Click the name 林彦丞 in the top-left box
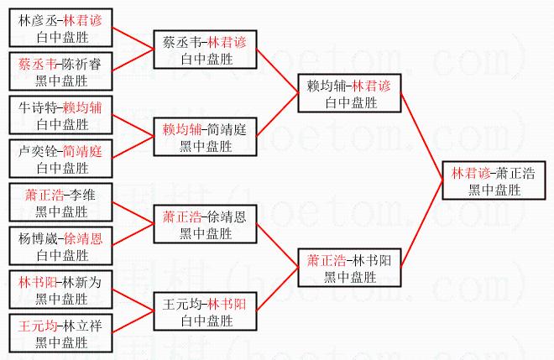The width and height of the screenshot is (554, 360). [38, 20]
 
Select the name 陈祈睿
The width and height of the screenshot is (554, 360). [81, 64]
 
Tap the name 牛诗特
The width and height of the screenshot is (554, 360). [38, 107]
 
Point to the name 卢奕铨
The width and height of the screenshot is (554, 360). [38, 152]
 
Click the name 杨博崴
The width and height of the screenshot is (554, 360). [38, 239]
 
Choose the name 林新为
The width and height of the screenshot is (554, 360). [81, 282]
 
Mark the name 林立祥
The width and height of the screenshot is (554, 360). [81, 326]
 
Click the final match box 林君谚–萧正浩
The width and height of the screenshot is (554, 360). [494, 180]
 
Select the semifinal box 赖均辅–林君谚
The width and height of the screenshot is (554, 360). [349, 93]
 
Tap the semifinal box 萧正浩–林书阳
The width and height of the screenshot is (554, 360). [349, 268]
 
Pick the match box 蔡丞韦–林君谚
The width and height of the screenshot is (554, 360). [205, 50]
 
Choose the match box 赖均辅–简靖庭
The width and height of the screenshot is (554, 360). [205, 137]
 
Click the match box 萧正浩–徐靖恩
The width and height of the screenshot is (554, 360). [205, 224]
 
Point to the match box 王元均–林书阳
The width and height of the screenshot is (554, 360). [205, 311]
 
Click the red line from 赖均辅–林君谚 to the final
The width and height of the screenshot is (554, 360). [422, 137]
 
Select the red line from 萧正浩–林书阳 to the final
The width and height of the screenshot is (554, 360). [422, 224]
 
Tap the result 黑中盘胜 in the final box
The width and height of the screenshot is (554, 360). [494, 190]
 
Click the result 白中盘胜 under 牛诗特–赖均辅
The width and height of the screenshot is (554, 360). [63, 124]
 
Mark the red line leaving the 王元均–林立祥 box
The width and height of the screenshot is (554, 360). [133, 322]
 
